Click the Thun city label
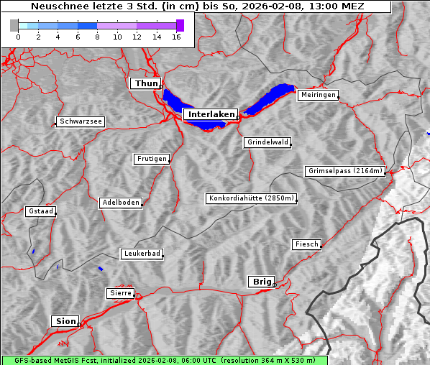pos(146,84)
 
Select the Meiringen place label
pos(318,95)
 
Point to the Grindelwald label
pos(268,142)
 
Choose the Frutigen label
pos(152,159)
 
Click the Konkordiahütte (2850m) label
pos(251,198)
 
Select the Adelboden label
pos(120,203)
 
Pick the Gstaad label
pos(40,211)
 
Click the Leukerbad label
pos(142,254)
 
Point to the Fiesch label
pos(306,244)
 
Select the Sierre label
pos(120,293)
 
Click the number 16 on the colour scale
pos(176,37)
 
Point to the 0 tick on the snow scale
pos(18,37)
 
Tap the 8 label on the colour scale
pos(97,37)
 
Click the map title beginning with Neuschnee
pos(198,6)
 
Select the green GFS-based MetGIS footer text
pos(164,360)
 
